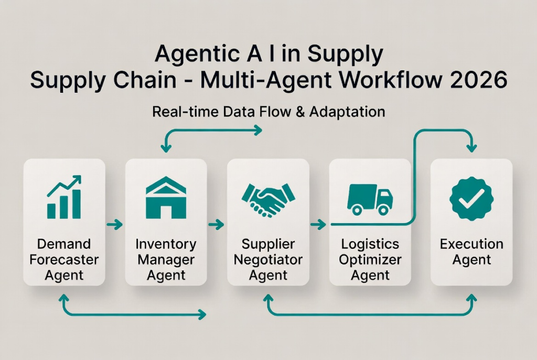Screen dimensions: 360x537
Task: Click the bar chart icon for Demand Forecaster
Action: [64, 198]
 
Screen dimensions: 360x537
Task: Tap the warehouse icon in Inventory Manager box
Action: [166, 198]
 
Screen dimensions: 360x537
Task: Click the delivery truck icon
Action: [370, 199]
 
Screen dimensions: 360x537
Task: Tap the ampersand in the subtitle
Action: [300, 112]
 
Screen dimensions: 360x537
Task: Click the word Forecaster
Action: [64, 259]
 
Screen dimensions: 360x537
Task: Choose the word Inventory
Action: [166, 244]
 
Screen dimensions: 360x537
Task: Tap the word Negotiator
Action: [268, 259]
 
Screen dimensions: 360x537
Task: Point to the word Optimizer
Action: [370, 259]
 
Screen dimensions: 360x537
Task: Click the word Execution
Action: [471, 244]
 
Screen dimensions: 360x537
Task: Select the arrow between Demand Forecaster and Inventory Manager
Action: [114, 225]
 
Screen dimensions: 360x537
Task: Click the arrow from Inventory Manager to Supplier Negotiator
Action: [216, 225]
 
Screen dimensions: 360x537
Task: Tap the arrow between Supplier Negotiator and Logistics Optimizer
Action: [318, 225]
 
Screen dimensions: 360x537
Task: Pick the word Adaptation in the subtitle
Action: [347, 112]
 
